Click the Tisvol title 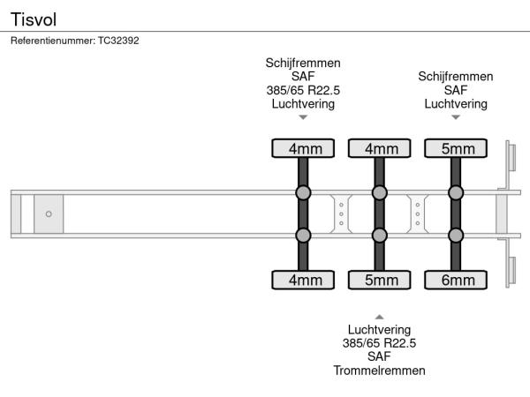pyautogui.click(x=31, y=17)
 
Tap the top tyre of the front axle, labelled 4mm pyautogui.click(x=303, y=148)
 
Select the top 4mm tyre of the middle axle pyautogui.click(x=380, y=148)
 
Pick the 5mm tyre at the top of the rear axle pyautogui.click(x=456, y=148)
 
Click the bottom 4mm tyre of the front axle pyautogui.click(x=303, y=281)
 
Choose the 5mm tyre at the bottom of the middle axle pyautogui.click(x=380, y=281)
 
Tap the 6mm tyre pyautogui.click(x=456, y=281)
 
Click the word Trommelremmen pyautogui.click(x=379, y=371)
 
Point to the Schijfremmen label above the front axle pyautogui.click(x=303, y=64)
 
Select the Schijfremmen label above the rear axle pyautogui.click(x=456, y=77)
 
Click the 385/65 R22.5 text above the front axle pyautogui.click(x=303, y=90)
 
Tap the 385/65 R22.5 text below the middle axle pyautogui.click(x=379, y=343)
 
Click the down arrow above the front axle pyautogui.click(x=303, y=117)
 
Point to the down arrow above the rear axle pyautogui.click(x=456, y=117)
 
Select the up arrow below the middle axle pyautogui.click(x=379, y=316)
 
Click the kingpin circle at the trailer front pyautogui.click(x=49, y=213)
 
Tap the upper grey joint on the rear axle pyautogui.click(x=456, y=193)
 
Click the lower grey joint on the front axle pyautogui.click(x=303, y=235)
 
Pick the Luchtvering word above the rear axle pyautogui.click(x=456, y=103)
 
